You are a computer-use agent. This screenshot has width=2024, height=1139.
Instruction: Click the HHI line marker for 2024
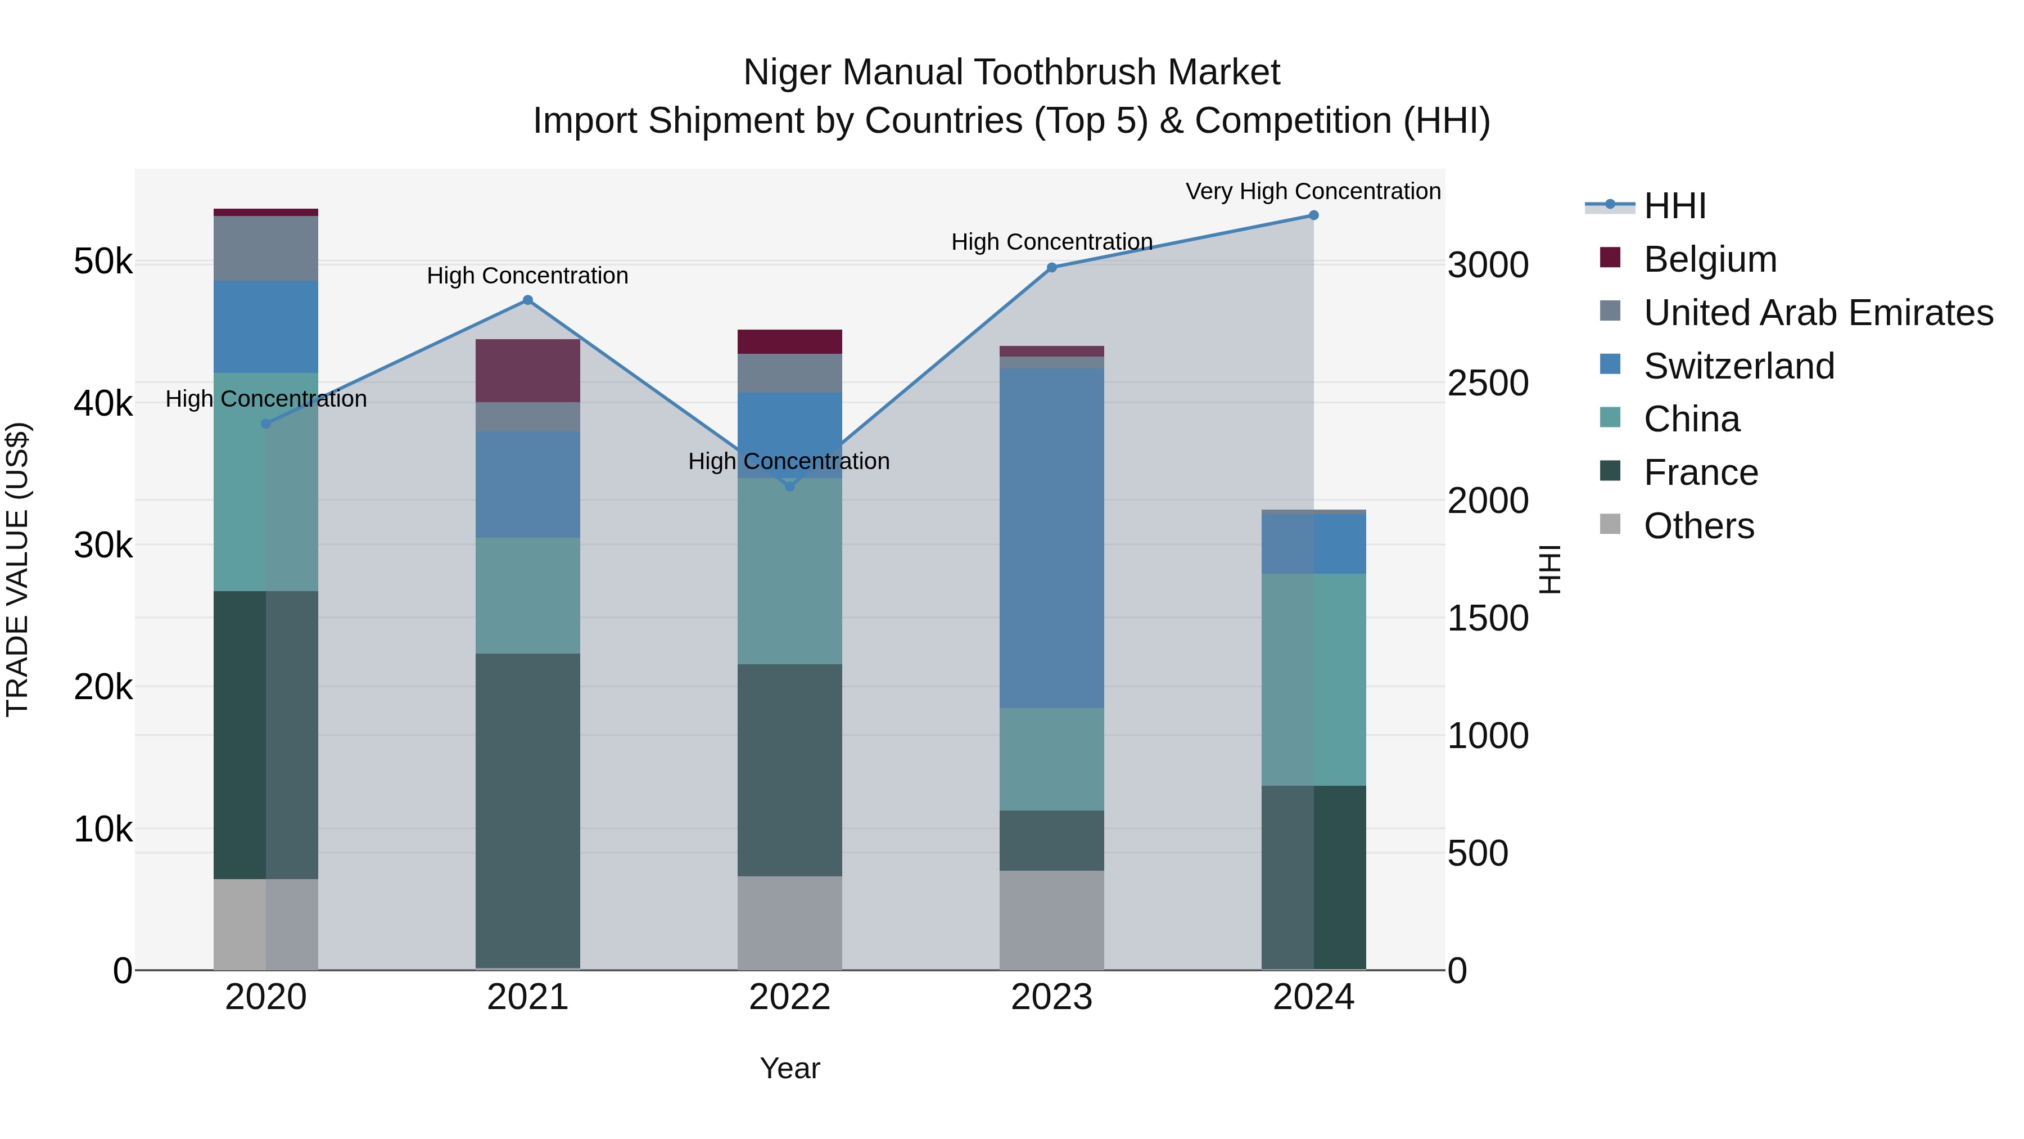pyautogui.click(x=1313, y=215)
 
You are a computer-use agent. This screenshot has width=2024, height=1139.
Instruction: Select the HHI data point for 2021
pyautogui.click(x=528, y=300)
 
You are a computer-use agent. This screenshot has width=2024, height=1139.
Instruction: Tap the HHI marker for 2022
pyautogui.click(x=790, y=487)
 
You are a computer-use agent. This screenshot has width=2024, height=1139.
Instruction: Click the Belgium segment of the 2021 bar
pyautogui.click(x=528, y=371)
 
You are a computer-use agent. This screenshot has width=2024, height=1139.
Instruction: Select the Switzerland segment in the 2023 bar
pyautogui.click(x=1051, y=538)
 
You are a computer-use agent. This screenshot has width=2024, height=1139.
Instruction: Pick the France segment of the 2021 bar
pyautogui.click(x=528, y=809)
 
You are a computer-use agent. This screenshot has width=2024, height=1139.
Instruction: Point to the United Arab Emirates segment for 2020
pyautogui.click(x=265, y=249)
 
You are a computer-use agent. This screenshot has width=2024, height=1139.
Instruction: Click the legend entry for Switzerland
pyautogui.click(x=1738, y=366)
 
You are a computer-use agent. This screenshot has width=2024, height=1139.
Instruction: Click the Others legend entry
pyautogui.click(x=1698, y=526)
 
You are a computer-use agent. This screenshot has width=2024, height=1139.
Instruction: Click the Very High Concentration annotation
pyautogui.click(x=1313, y=192)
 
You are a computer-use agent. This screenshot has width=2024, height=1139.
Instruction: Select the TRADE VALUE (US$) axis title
pyautogui.click(x=17, y=569)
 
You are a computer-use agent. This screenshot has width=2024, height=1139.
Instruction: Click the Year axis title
pyautogui.click(x=790, y=1068)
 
